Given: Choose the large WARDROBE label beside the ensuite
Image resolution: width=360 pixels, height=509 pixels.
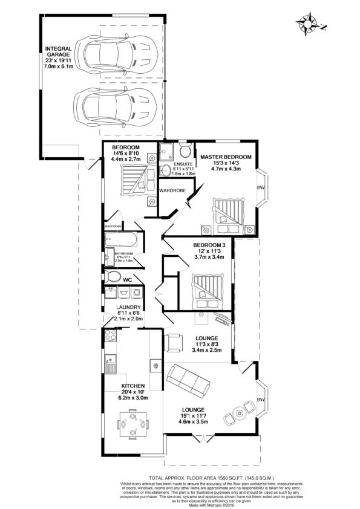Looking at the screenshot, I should tap(171, 190).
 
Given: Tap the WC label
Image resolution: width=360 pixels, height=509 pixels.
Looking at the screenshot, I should tap(127, 280).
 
